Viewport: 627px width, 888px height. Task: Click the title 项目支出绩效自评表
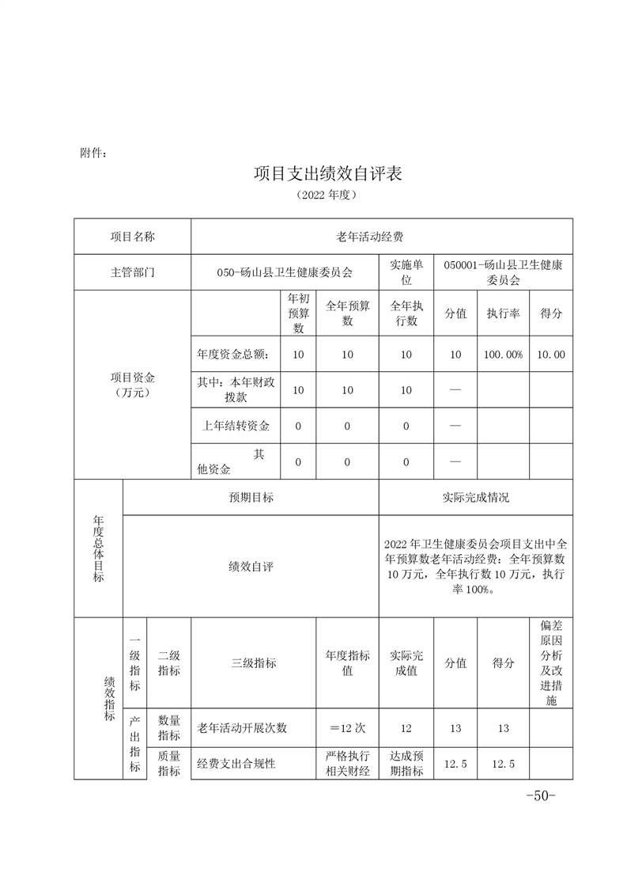(328, 173)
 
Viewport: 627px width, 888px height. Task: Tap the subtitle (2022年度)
(328, 194)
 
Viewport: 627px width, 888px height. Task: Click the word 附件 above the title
(93, 152)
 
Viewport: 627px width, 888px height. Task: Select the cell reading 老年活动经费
(371, 236)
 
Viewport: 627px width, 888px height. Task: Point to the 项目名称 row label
(133, 236)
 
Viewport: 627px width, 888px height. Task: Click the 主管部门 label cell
(133, 272)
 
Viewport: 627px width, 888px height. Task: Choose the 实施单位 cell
(406, 272)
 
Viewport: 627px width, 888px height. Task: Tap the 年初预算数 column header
(298, 313)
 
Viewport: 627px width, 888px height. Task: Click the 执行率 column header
(503, 313)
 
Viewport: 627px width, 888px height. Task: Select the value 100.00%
(503, 355)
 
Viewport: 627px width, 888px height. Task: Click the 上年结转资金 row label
(236, 426)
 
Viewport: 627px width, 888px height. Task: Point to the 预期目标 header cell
(251, 497)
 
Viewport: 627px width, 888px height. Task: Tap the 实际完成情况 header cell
(475, 497)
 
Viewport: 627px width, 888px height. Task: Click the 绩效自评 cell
(251, 567)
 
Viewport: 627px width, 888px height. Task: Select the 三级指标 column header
(253, 663)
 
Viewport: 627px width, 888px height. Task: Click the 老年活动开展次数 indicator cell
(242, 728)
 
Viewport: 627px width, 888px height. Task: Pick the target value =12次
(347, 728)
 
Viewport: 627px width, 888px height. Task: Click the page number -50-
(542, 795)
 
